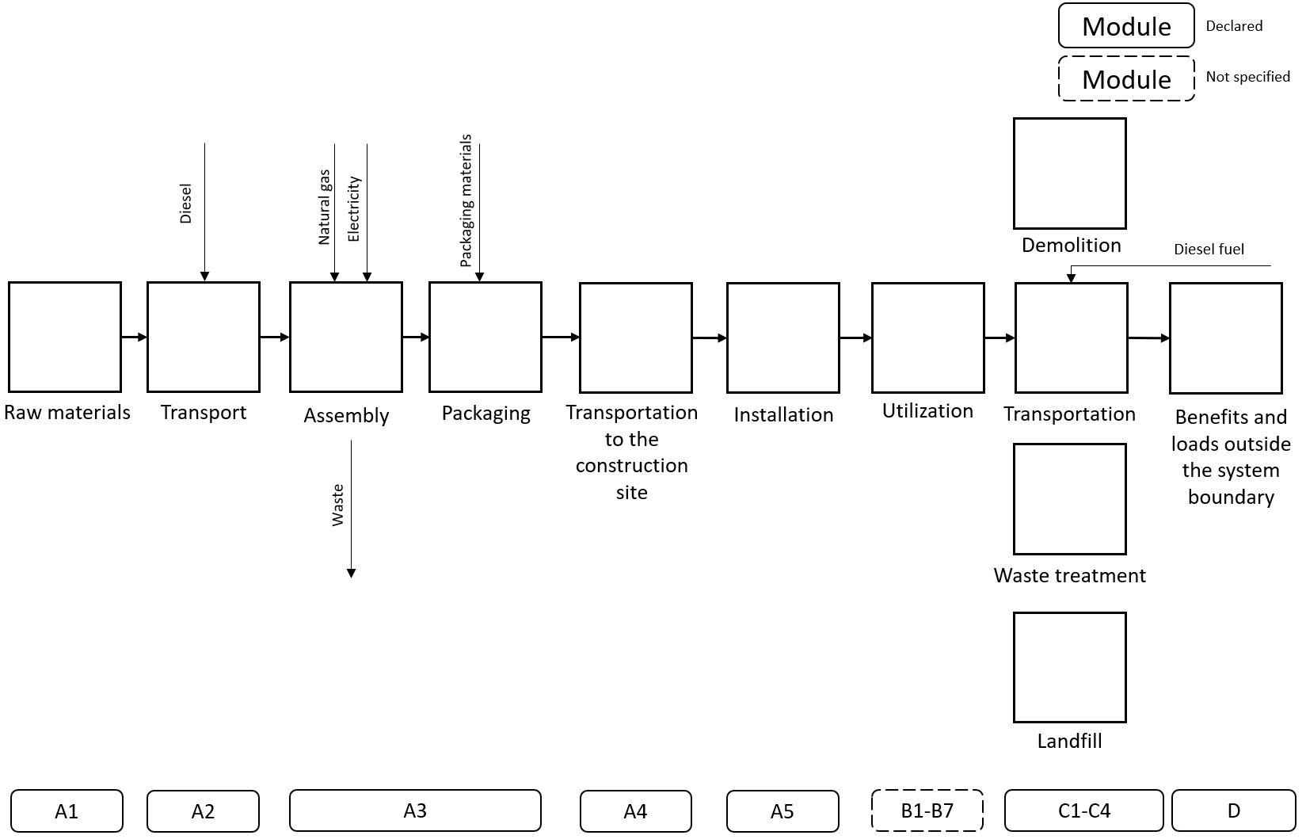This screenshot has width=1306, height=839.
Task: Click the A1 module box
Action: click(x=67, y=810)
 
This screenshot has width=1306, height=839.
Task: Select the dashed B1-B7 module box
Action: click(x=927, y=810)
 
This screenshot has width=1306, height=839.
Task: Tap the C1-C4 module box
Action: click(x=1083, y=810)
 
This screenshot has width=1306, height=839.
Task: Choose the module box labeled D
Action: click(x=1232, y=810)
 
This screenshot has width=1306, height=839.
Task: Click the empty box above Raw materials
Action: click(x=65, y=337)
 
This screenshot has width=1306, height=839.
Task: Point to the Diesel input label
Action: click(x=186, y=204)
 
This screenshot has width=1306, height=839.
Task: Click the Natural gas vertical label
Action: click(x=324, y=207)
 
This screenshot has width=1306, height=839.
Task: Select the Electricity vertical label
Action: click(x=353, y=209)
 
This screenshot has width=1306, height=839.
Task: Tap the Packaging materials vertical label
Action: click(x=466, y=200)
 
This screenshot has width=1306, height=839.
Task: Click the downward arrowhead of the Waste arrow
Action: click(x=351, y=573)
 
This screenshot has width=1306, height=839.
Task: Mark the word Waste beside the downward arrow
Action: click(x=338, y=505)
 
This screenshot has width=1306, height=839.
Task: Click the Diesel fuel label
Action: click(x=1209, y=250)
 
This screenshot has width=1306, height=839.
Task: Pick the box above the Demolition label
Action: click(x=1069, y=174)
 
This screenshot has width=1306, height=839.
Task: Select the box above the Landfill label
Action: click(x=1069, y=667)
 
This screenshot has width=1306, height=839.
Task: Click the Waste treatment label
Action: click(x=1069, y=576)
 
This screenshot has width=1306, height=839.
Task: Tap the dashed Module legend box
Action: click(x=1125, y=79)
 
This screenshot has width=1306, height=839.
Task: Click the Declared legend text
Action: click(x=1233, y=26)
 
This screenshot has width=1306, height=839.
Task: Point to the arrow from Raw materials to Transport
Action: click(x=134, y=338)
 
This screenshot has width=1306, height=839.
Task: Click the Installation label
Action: click(x=783, y=414)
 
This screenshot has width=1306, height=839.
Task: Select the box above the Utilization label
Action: click(x=927, y=338)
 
